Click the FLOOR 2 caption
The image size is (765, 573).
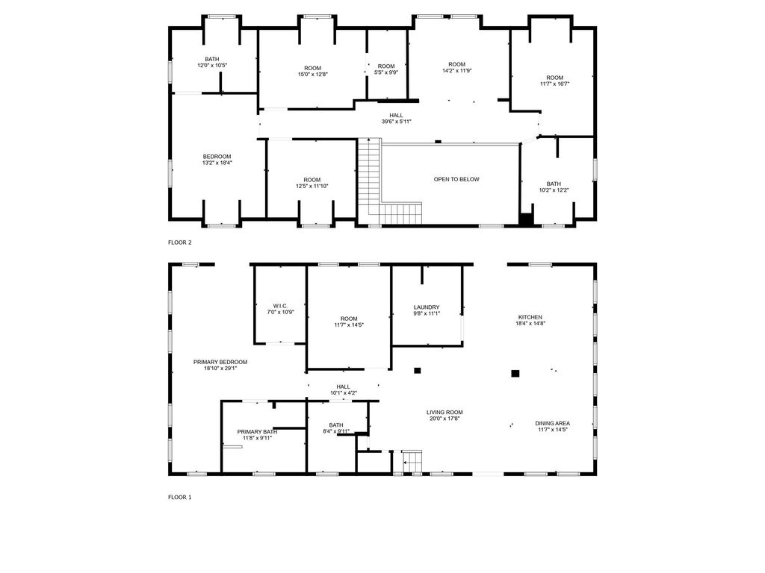coord(180,242)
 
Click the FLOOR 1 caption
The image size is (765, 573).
coord(180,497)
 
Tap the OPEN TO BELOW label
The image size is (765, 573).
coord(456,179)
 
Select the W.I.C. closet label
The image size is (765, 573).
coord(281,306)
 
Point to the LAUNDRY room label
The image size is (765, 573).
coord(427,307)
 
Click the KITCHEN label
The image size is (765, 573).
coord(530,317)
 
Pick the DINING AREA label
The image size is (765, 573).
coord(552,424)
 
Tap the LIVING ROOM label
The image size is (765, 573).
coord(445,412)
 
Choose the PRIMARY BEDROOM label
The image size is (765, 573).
coord(220,362)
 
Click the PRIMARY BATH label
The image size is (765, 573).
coord(257,432)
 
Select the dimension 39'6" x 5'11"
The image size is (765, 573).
coord(396,122)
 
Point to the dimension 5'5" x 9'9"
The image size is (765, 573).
coord(386,72)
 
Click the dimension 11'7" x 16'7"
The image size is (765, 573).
coord(555,84)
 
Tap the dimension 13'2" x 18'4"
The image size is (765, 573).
coord(217,163)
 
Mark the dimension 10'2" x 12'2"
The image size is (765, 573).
coord(554,190)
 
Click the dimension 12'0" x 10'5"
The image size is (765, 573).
coord(212,66)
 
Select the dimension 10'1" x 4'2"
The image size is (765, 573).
coord(343,392)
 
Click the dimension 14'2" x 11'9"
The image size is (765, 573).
coord(457,70)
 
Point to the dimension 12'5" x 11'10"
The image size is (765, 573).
coord(312,186)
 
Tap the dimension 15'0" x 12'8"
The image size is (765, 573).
coord(313,75)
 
